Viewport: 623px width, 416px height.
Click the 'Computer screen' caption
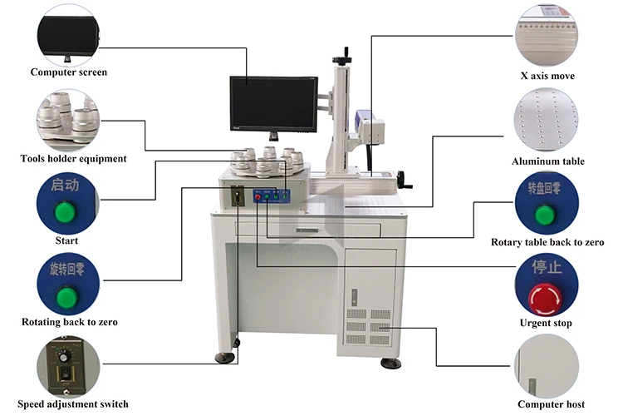point(69,72)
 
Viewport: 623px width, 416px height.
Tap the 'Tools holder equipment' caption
point(73,158)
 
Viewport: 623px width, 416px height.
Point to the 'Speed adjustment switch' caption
point(73,404)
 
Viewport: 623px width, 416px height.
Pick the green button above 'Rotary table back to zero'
point(545,215)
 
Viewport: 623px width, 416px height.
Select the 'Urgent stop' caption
point(546,323)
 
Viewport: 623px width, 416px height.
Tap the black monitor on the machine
point(274,104)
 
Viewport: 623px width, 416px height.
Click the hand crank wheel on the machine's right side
point(405,178)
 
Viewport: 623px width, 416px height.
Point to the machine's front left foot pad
point(224,359)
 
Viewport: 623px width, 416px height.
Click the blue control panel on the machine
point(272,196)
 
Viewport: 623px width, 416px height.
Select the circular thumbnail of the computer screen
point(68,33)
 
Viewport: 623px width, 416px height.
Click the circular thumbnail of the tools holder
point(67,119)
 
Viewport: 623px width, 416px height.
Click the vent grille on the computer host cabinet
point(366,328)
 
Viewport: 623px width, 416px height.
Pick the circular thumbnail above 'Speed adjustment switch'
point(66,366)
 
